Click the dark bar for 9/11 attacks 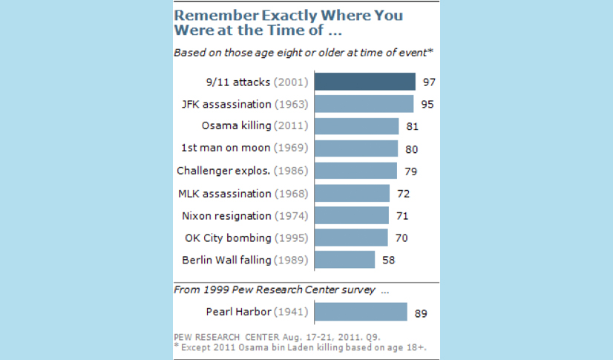click(364, 82)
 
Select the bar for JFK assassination click(364, 104)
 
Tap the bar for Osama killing click(356, 126)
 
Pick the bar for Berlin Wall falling click(344, 260)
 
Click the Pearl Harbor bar click(361, 312)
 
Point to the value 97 click(428, 82)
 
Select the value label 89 click(421, 313)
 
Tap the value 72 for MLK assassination click(404, 194)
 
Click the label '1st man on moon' click(225, 148)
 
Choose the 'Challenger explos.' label click(223, 171)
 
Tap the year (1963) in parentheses click(291, 104)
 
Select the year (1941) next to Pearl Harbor click(291, 312)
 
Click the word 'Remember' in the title click(209, 16)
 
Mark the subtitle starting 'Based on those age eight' click(303, 52)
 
